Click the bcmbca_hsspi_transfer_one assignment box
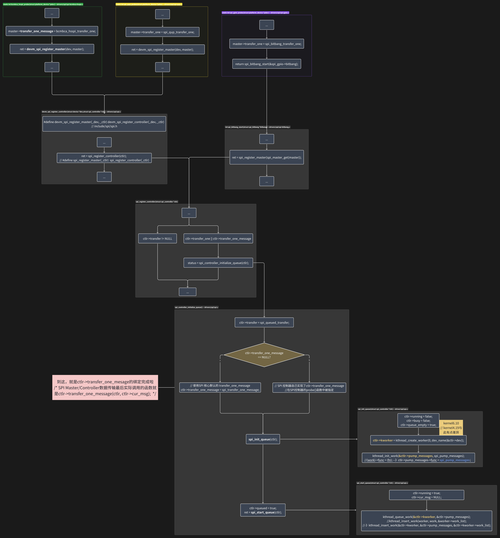(x=52, y=31)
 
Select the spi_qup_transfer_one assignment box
(x=162, y=32)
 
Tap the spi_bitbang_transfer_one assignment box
(x=267, y=44)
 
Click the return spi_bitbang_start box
(x=267, y=64)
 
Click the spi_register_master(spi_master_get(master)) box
(x=267, y=157)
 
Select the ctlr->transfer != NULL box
(x=158, y=238)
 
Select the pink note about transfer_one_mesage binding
(x=105, y=388)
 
